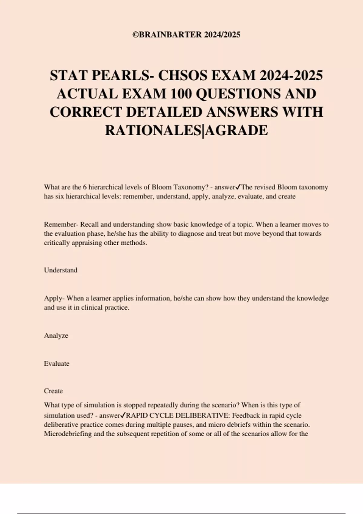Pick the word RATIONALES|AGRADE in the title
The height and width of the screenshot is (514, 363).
pos(186,131)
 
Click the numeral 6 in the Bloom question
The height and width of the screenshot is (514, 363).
pos(85,187)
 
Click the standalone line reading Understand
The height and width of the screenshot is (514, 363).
pos(61,270)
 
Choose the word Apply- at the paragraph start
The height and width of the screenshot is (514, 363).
pos(54,298)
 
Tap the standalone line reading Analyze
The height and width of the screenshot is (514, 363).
pos(56,336)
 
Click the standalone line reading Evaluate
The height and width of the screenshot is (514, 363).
pos(57,363)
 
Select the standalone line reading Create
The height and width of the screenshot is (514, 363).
pos(53,391)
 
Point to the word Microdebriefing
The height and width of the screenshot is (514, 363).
pos(68,434)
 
